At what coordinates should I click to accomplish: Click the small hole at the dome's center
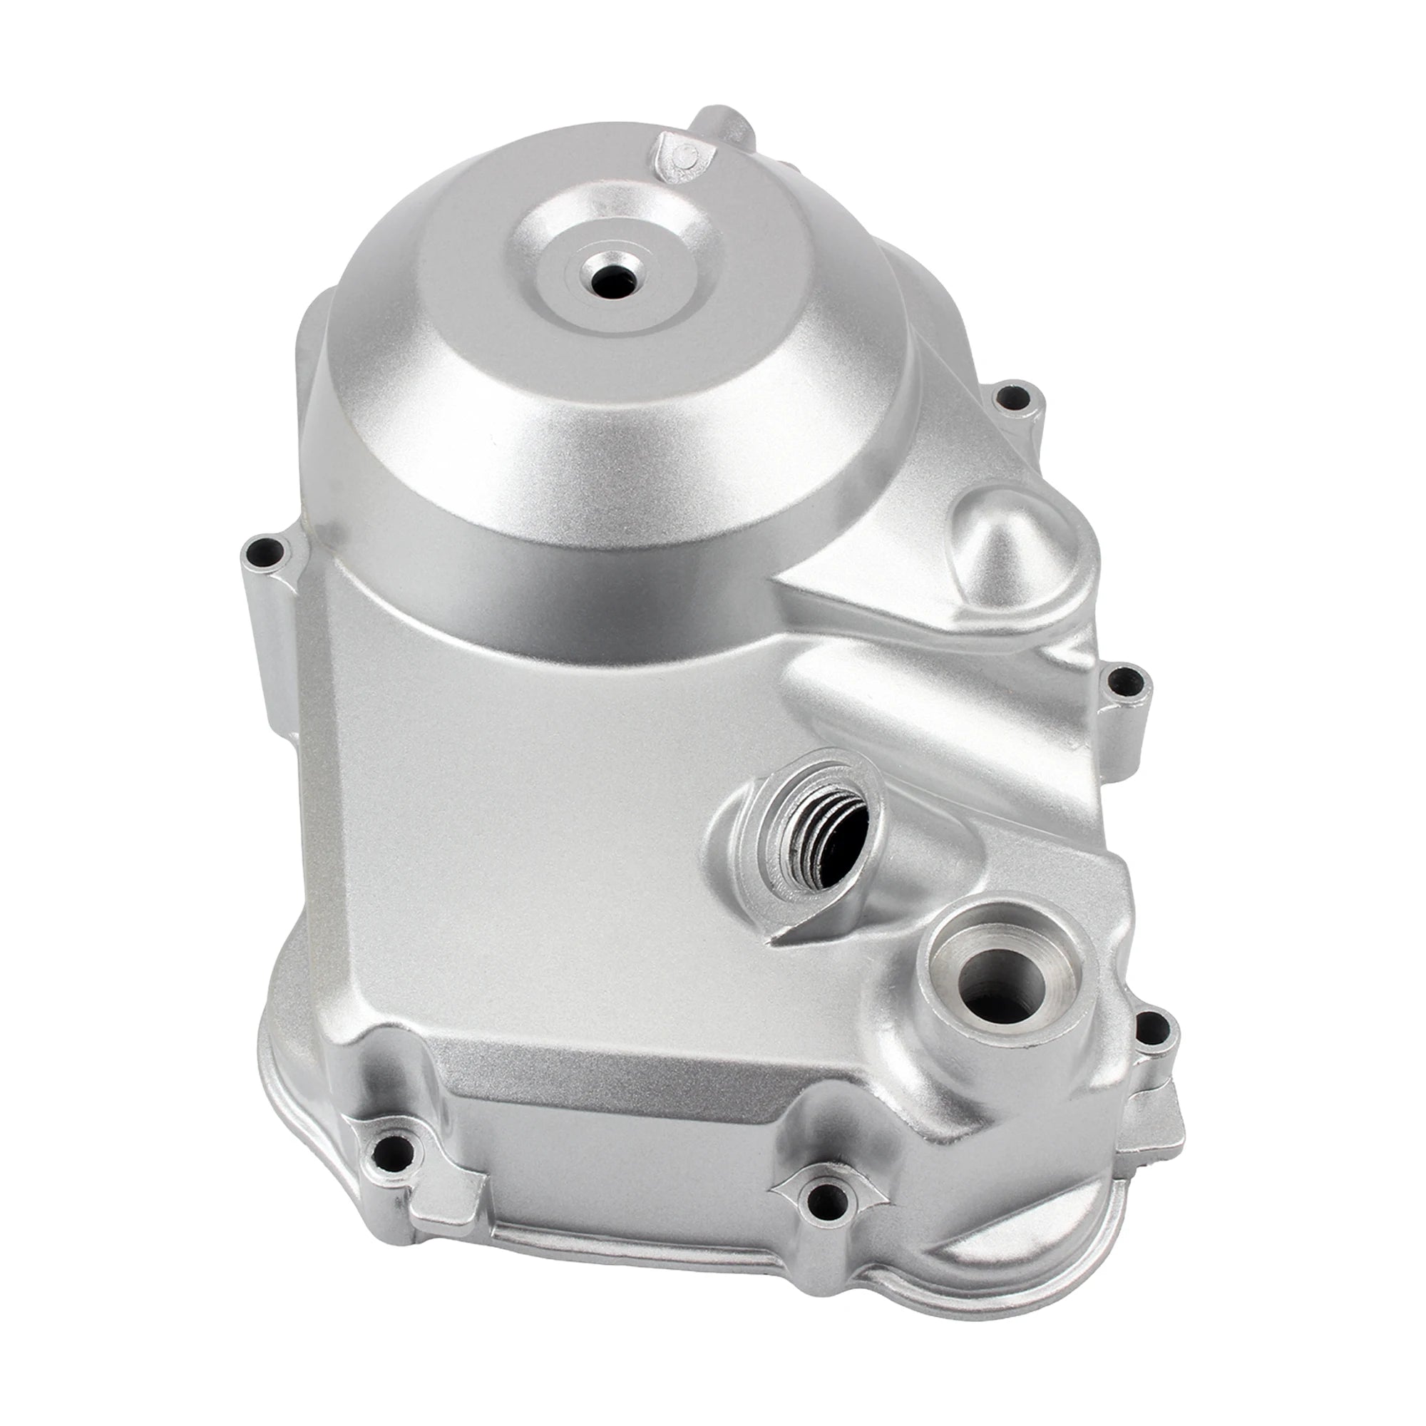[x=614, y=279]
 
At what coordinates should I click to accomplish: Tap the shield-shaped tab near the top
[x=685, y=160]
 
